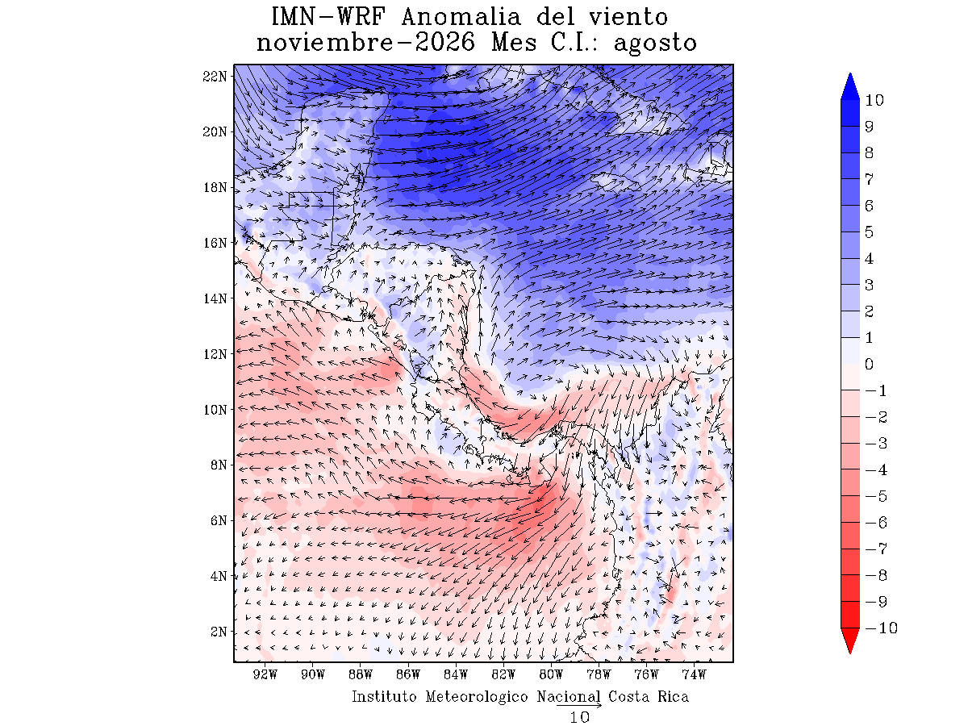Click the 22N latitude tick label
click(x=215, y=77)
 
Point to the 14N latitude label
click(x=215, y=298)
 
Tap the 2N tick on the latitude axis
click(x=219, y=632)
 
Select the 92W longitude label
click(x=265, y=674)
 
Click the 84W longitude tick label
click(x=456, y=674)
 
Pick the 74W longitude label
click(x=695, y=674)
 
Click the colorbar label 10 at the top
click(x=874, y=100)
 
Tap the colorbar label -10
click(x=881, y=628)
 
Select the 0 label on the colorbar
click(x=869, y=364)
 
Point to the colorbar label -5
click(x=876, y=496)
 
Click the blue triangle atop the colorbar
click(x=850, y=86)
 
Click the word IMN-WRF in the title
click(x=328, y=17)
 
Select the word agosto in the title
click(x=655, y=44)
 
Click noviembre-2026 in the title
click(x=365, y=42)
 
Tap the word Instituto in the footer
click(x=384, y=696)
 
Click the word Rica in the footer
click(x=673, y=696)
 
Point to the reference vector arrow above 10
click(x=579, y=705)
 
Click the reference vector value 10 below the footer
click(x=579, y=718)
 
